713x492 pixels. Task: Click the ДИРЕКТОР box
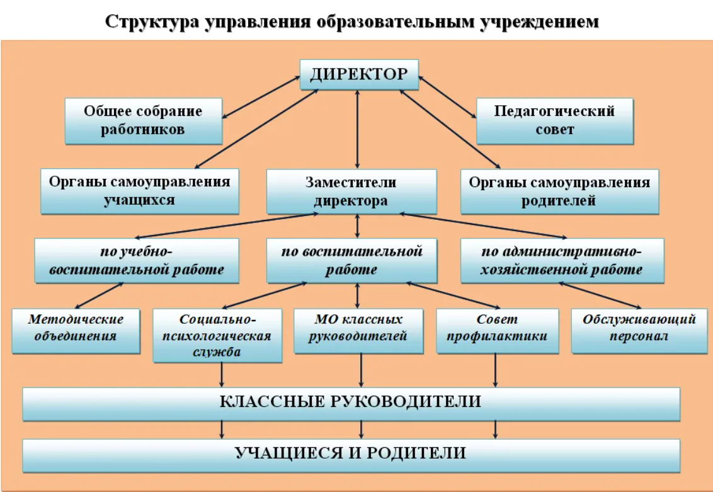tap(359, 74)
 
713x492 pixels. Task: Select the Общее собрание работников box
tap(144, 122)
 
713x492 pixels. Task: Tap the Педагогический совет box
tap(555, 122)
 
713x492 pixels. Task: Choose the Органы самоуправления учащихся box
tap(140, 192)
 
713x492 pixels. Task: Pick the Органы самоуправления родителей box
tap(560, 192)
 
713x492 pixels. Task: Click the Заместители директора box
tap(351, 192)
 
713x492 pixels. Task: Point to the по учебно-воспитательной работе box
tap(137, 261)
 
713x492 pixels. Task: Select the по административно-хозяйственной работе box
tap(562, 261)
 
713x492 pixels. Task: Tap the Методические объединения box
tap(76, 331)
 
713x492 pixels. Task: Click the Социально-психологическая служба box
tap(217, 336)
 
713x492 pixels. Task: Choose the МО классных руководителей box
tap(358, 331)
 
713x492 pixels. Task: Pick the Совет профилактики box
tap(498, 331)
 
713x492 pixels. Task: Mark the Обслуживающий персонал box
tap(639, 331)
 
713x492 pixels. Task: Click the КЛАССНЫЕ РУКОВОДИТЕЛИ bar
tap(351, 404)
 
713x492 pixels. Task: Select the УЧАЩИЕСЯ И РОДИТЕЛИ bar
tap(351, 455)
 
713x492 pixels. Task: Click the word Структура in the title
tap(152, 22)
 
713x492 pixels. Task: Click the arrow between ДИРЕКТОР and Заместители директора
tap(357, 130)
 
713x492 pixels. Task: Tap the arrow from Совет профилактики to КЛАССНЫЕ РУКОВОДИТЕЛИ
tap(495, 370)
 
